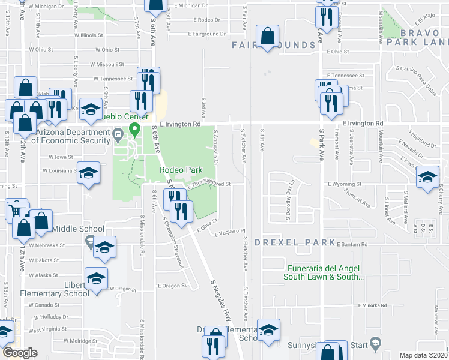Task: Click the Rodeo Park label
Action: click(179, 170)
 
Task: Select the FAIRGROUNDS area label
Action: click(274, 45)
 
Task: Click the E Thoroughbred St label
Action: click(209, 185)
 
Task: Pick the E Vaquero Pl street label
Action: click(229, 231)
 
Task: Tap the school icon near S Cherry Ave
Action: click(428, 177)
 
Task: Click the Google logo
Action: click(20, 353)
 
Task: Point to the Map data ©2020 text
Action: click(424, 355)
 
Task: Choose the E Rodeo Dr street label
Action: click(208, 20)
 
